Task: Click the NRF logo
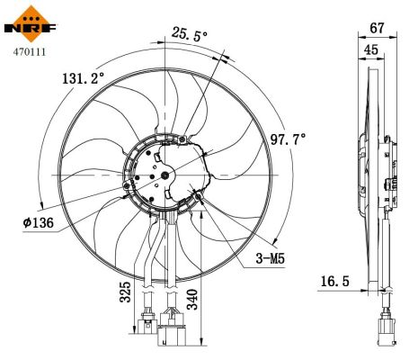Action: (x=29, y=23)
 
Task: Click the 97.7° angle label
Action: (x=288, y=139)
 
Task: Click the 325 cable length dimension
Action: (x=125, y=292)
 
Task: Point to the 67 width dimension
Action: (x=378, y=29)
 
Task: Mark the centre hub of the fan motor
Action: (x=167, y=174)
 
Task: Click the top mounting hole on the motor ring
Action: (x=185, y=139)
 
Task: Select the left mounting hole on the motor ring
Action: (x=126, y=187)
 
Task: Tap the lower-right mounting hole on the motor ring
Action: (x=198, y=194)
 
